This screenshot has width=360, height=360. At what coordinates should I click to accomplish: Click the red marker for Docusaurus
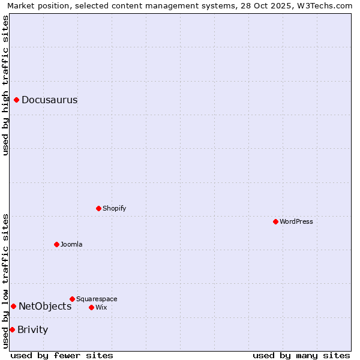(x=17, y=100)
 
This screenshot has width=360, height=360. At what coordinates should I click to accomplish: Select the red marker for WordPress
(x=275, y=221)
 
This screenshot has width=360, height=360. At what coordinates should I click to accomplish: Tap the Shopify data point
(x=98, y=208)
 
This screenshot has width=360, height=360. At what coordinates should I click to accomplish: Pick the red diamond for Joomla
(x=56, y=244)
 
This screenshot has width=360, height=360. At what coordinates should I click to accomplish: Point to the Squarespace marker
(x=72, y=299)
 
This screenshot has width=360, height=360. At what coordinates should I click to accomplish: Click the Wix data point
(x=91, y=307)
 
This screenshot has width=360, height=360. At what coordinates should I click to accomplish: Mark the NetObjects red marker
(x=13, y=306)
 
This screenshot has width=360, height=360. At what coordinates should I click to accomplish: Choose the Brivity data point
(x=12, y=329)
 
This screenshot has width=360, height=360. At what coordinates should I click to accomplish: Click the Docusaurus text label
(x=49, y=100)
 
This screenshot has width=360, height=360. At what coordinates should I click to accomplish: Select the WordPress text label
(x=296, y=221)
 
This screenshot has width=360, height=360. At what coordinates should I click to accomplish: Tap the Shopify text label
(x=115, y=208)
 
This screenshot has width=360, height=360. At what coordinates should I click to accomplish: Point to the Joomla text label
(x=71, y=244)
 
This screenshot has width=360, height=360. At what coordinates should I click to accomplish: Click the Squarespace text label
(x=97, y=299)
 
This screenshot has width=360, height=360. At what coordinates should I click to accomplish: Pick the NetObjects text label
(x=45, y=307)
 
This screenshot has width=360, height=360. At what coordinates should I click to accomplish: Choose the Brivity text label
(x=33, y=330)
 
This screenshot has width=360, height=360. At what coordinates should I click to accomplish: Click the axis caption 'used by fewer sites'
(x=62, y=355)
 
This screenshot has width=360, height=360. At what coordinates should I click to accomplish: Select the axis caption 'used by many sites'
(x=301, y=355)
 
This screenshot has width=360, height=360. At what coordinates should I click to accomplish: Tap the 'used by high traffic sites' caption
(x=5, y=85)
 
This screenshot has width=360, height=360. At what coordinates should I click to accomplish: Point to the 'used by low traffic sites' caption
(x=5, y=281)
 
